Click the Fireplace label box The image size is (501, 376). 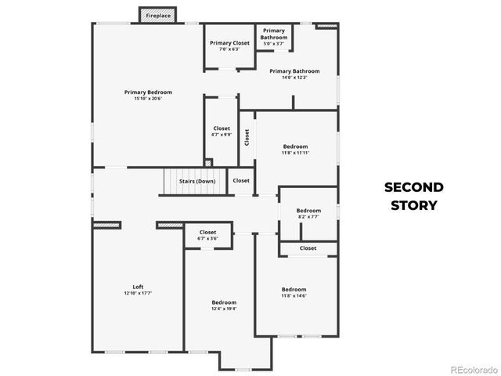tap(158, 16)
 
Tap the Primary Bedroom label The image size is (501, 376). tap(148, 96)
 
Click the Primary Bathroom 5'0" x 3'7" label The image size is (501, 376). tap(274, 37)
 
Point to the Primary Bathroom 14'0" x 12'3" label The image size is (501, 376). tap(294, 74)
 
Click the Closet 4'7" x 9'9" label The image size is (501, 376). tap(222, 131)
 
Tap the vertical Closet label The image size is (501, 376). tap(247, 138)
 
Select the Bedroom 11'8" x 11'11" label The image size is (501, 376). tap(295, 150)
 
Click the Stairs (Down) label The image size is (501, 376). tap(197, 181)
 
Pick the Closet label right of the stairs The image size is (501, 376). tap(241, 180)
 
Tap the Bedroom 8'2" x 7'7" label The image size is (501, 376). tap(308, 213)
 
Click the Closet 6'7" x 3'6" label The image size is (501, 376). tap(207, 235)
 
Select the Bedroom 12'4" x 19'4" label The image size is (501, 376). tap(224, 305)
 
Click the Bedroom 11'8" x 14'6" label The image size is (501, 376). tap(294, 292)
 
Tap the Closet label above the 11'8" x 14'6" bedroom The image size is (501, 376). tap(308, 248)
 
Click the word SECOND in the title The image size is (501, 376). tap(413, 187)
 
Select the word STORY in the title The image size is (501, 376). tap(413, 205)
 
